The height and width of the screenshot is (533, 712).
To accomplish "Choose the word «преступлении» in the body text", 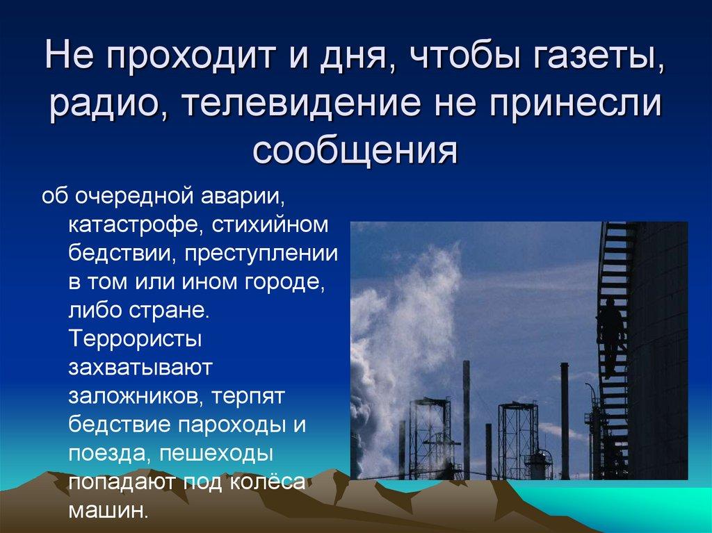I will (261, 254).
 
